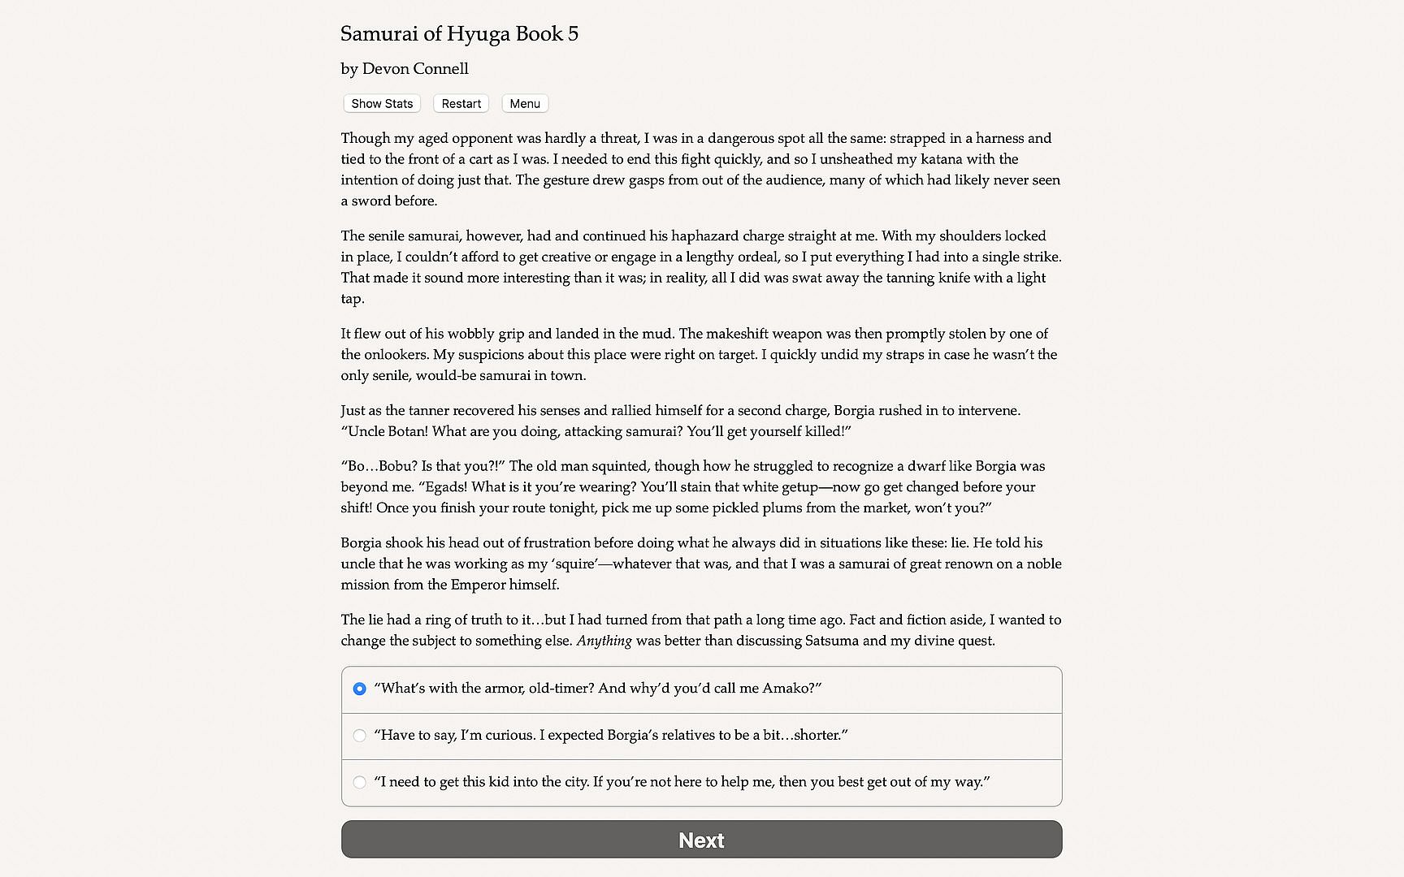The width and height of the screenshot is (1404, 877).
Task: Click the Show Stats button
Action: [382, 104]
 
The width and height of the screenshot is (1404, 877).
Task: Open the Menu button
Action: [525, 104]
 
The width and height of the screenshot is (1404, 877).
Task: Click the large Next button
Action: [701, 840]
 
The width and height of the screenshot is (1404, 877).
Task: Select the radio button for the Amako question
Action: [359, 689]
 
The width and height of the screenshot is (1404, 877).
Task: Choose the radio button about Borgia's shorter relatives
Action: [359, 736]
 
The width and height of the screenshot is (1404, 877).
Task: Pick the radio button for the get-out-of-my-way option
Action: [359, 782]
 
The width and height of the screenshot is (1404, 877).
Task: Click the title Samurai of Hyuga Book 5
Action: [459, 34]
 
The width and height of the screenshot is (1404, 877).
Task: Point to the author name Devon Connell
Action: [415, 69]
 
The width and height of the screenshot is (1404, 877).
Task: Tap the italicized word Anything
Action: [604, 641]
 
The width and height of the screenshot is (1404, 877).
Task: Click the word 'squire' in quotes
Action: [574, 564]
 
